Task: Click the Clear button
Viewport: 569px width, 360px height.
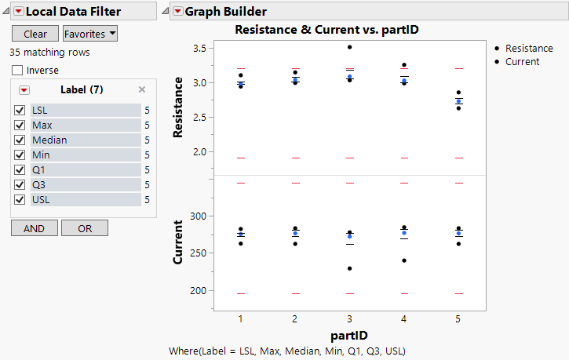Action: [35, 34]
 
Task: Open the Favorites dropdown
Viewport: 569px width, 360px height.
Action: [90, 34]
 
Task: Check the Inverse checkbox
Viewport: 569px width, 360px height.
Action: [17, 71]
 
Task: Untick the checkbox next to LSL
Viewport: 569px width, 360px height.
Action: [20, 111]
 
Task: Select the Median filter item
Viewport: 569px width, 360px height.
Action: [49, 140]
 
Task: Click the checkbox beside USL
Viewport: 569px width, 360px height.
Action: [20, 200]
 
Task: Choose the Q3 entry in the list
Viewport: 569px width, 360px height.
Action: [39, 185]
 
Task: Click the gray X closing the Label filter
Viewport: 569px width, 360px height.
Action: [142, 89]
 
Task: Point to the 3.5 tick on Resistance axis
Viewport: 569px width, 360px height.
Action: [205, 48]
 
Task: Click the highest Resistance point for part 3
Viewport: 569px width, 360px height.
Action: [350, 47]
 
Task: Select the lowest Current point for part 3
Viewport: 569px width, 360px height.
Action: [350, 269]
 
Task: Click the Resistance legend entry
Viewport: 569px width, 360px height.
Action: [528, 49]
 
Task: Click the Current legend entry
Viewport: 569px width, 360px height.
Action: [522, 61]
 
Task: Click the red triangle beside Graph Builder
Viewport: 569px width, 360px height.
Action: [178, 11]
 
